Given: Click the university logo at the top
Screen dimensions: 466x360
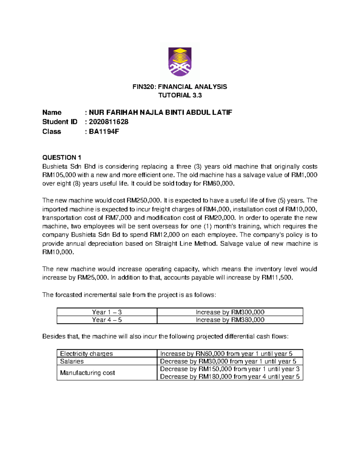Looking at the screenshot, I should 180,62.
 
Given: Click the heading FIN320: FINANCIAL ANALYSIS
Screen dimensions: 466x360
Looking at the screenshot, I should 180,87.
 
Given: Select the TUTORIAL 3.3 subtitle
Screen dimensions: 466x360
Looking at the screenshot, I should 180,95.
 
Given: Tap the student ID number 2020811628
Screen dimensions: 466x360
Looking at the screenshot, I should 109,122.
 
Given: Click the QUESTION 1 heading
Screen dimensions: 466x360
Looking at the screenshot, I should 62,158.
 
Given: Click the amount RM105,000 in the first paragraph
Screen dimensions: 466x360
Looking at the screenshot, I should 59,175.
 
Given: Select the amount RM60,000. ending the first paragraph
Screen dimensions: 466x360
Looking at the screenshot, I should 218,184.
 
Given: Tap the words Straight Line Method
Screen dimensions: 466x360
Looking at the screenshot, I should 186,244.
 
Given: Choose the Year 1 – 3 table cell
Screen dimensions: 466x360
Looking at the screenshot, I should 107,312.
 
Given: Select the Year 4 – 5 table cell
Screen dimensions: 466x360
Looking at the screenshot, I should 107,320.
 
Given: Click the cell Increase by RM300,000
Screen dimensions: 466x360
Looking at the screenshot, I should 230,312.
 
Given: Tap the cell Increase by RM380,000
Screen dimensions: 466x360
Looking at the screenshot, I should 230,320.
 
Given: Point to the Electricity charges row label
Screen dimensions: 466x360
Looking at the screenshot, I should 86,353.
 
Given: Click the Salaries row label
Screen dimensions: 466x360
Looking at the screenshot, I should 72,361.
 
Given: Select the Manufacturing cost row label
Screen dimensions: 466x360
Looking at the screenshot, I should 87,373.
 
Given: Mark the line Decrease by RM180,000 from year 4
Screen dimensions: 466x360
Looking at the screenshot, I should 229,377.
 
